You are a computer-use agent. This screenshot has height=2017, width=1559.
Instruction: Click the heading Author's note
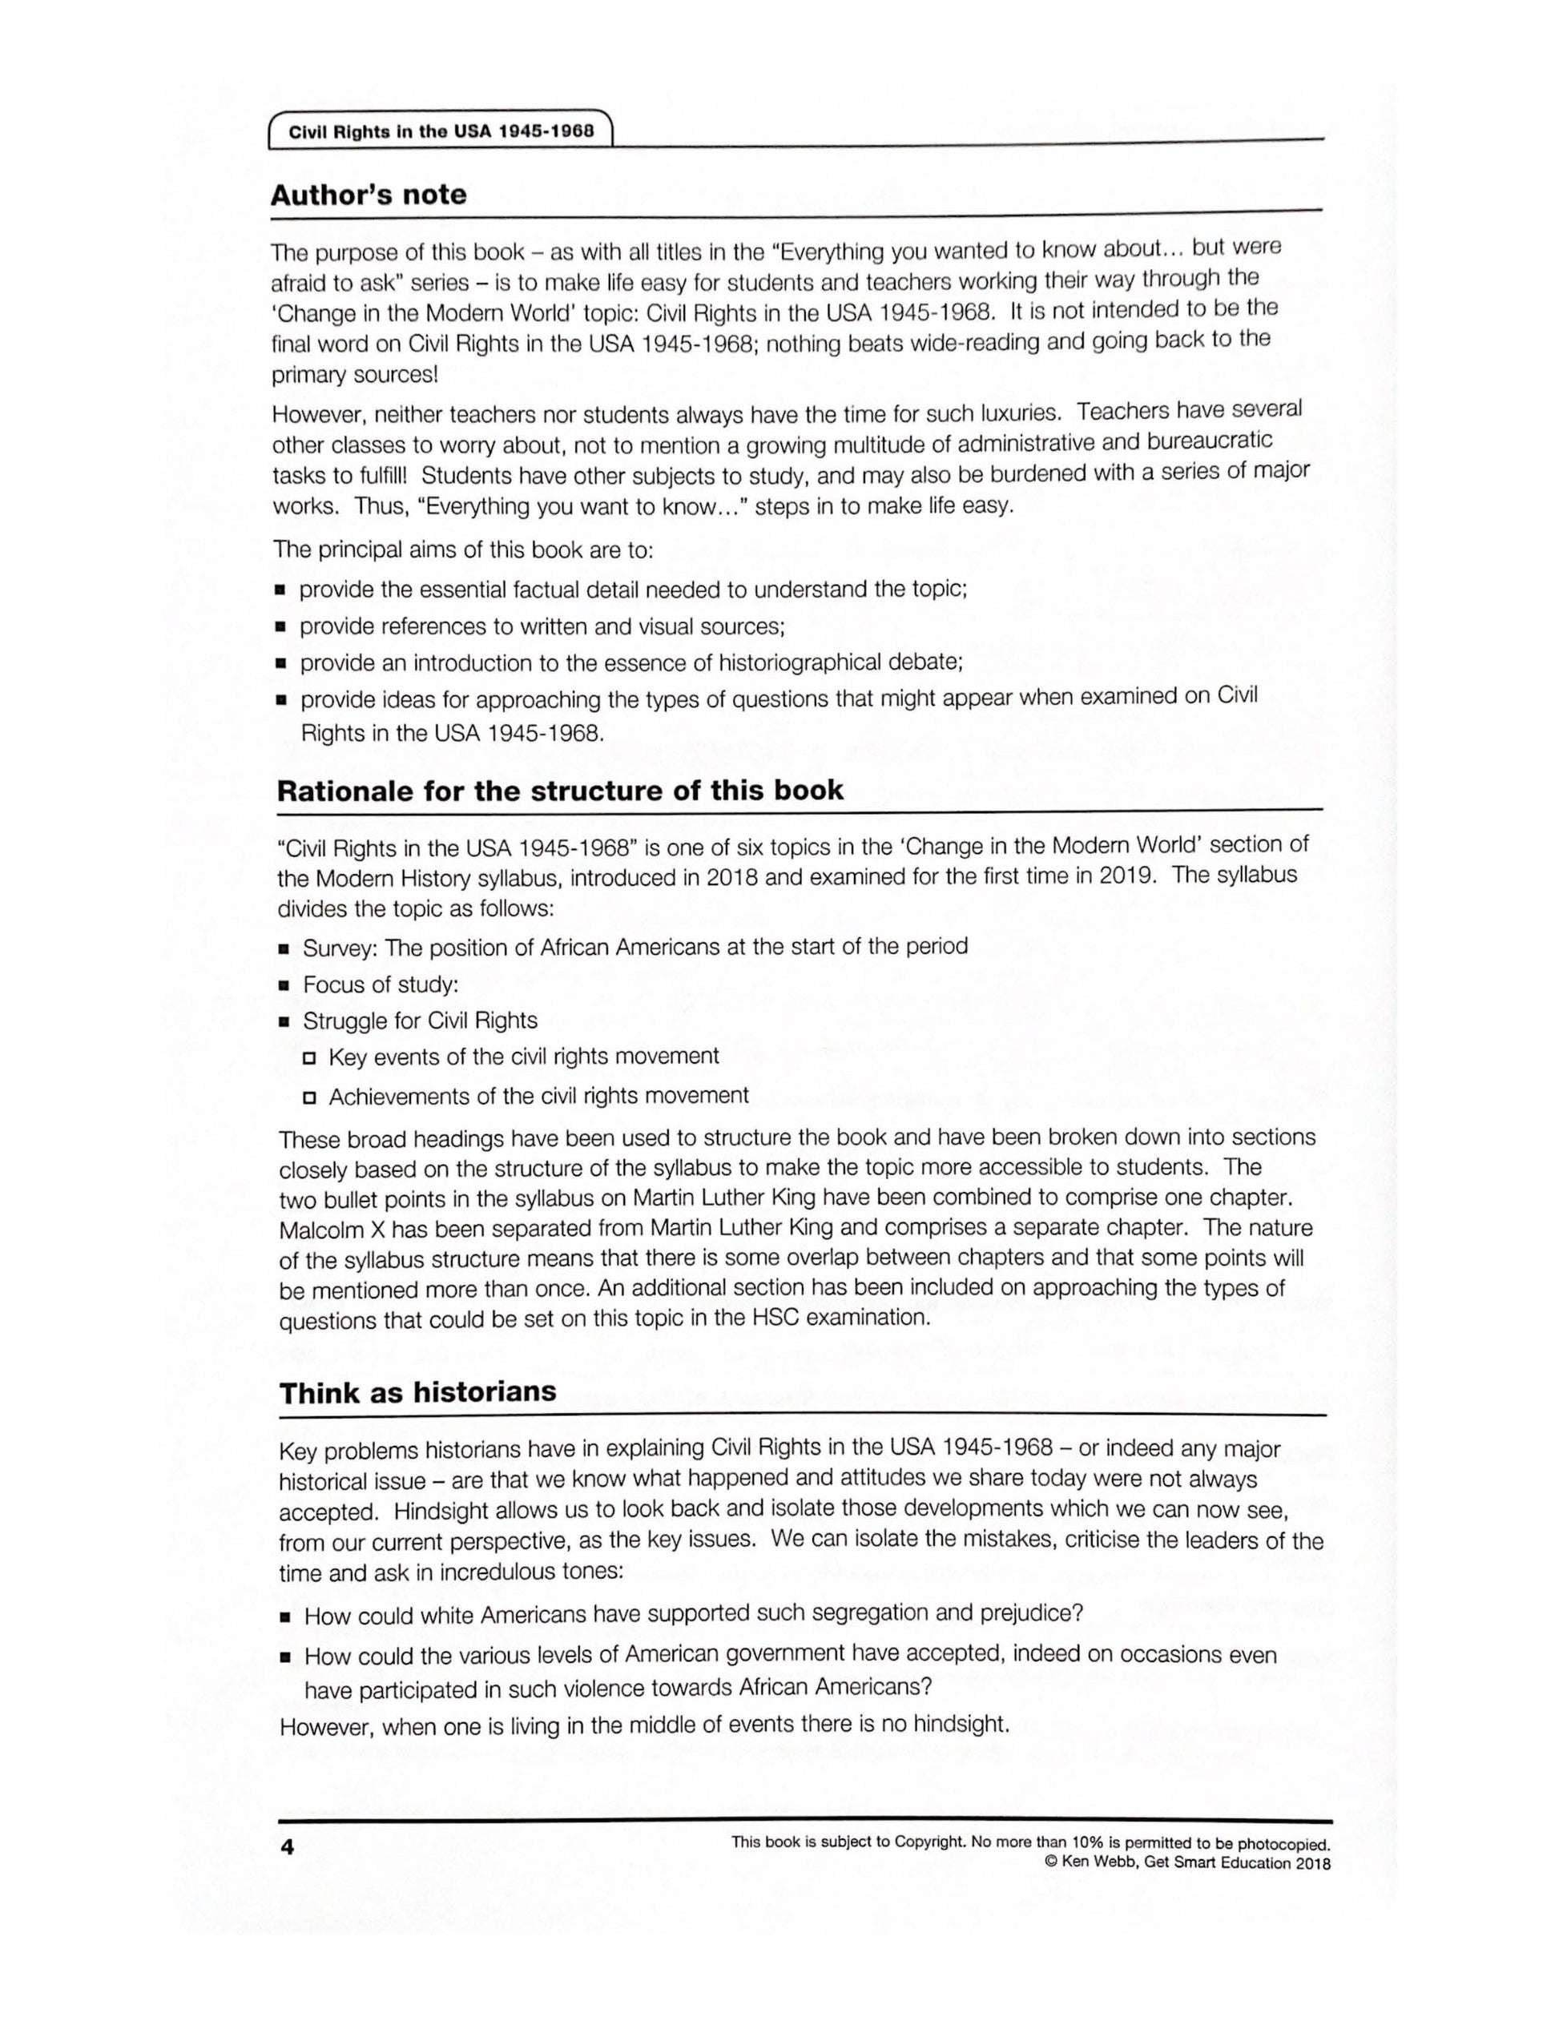(369, 195)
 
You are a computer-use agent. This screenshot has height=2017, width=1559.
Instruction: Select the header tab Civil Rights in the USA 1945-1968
(441, 131)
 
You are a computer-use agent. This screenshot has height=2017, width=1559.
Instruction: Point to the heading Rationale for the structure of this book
(560, 791)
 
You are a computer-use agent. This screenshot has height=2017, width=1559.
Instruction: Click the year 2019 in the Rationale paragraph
(1126, 875)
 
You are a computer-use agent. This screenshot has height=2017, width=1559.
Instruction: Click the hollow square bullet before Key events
(309, 1057)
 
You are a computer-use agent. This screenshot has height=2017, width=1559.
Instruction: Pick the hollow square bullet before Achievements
(309, 1098)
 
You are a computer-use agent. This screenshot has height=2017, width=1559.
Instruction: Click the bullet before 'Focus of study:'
(284, 986)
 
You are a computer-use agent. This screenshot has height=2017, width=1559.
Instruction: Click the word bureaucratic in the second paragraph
(1209, 441)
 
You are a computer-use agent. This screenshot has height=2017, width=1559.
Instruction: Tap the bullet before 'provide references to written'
(280, 627)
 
